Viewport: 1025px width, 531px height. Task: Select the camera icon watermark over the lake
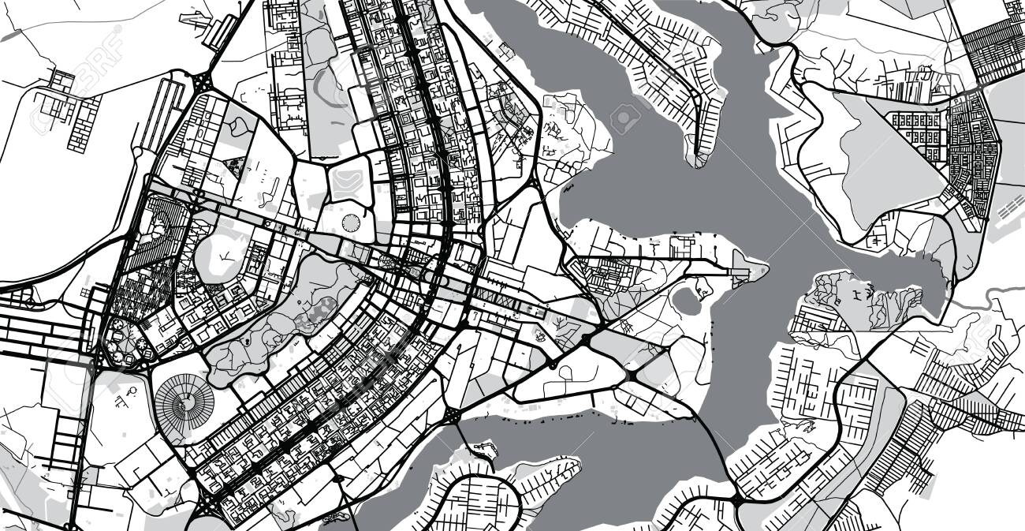tap(624, 118)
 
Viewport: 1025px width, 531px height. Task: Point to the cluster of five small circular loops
tap(126, 347)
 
